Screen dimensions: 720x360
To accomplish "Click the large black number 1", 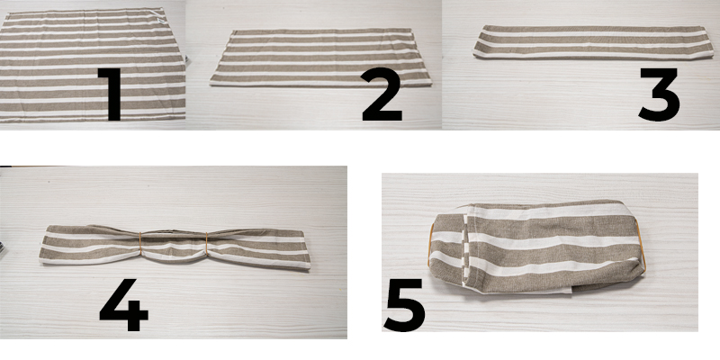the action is [110, 94].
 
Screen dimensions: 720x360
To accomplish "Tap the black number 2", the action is [382, 94].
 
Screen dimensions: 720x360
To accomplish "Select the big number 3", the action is [660, 94].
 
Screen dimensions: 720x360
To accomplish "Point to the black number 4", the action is [124, 304].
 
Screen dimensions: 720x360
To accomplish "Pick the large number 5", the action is [404, 305].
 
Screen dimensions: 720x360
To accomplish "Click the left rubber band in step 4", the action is [140, 243].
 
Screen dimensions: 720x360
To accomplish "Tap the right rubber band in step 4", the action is [207, 243].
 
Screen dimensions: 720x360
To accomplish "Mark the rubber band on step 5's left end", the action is [430, 245].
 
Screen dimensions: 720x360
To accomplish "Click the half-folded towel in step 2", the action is [321, 58].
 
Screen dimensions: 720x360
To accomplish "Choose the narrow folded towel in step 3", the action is [593, 42].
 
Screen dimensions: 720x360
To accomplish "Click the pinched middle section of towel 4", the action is [174, 244].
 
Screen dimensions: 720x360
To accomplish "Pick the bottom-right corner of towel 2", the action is [431, 83].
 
